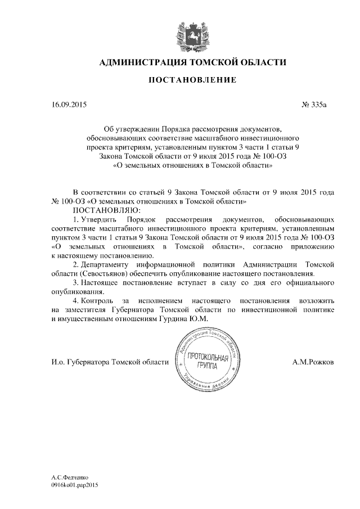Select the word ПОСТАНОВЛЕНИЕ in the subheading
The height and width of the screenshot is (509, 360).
[192, 81]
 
